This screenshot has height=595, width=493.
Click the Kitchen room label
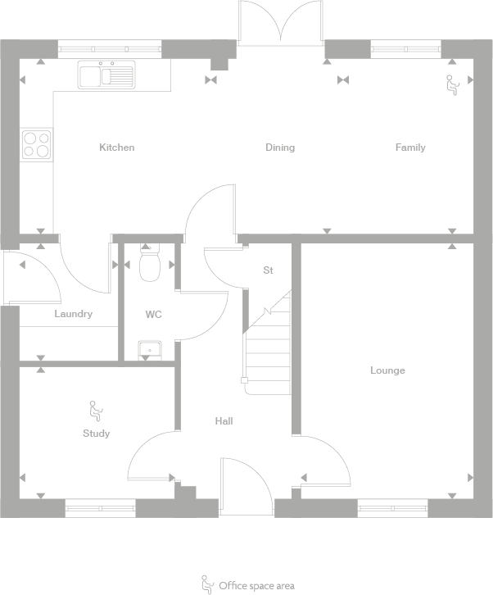(116, 148)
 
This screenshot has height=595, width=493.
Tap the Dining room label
(280, 148)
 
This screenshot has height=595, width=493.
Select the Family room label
(410, 148)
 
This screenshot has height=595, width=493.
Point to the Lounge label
(387, 370)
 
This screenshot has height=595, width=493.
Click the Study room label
(96, 434)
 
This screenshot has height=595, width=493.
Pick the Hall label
(224, 421)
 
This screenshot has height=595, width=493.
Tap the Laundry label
(74, 314)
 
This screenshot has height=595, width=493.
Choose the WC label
(153, 314)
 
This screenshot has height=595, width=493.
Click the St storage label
(268, 270)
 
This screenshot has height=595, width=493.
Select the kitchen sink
(106, 75)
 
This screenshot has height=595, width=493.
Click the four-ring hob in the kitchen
(36, 144)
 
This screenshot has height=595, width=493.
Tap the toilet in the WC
(149, 263)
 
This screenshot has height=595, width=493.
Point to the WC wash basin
(149, 351)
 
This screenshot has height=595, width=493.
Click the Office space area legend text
(256, 586)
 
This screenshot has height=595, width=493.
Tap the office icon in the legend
(207, 584)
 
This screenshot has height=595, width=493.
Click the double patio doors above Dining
(281, 22)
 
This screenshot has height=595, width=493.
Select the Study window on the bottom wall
(100, 508)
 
